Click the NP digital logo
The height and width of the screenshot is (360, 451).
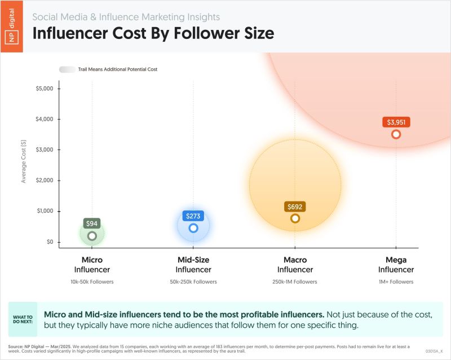point(12,26)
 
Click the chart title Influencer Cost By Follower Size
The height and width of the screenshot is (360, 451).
point(153,33)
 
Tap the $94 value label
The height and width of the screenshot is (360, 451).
point(92,223)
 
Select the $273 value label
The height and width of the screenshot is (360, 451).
point(193,216)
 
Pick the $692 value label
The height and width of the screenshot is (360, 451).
point(295,207)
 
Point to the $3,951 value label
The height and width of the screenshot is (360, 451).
point(396,122)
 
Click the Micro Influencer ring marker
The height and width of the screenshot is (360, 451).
point(92,236)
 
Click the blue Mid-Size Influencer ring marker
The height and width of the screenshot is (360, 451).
point(193,228)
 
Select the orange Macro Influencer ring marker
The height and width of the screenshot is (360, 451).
point(295,218)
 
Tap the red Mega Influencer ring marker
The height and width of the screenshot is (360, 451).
point(396,134)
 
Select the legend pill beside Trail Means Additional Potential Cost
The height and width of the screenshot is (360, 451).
point(67,69)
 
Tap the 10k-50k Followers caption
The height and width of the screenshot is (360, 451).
point(92,282)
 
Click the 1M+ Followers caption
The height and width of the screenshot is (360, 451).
point(396,282)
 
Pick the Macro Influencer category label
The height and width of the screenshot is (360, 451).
point(295,265)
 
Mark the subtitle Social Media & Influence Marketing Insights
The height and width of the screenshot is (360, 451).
point(126,17)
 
